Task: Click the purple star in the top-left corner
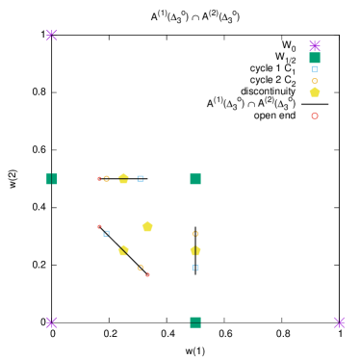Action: coord(52,36)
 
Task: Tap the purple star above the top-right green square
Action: coord(315,45)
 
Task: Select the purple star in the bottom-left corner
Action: coord(52,322)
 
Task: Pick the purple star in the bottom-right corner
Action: coord(339,322)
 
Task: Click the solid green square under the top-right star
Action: coord(315,58)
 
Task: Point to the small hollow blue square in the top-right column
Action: coord(315,69)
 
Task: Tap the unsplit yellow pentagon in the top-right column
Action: coord(315,92)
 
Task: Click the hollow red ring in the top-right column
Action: coord(315,116)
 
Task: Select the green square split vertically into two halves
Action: coord(52,179)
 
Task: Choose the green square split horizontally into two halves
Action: coord(195,322)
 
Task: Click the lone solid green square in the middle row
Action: coord(195,179)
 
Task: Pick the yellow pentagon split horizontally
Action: coord(123,178)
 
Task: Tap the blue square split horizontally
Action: coord(141,179)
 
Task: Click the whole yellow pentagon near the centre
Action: coord(147,226)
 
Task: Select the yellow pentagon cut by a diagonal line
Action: coord(123,250)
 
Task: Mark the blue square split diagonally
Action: coord(106,233)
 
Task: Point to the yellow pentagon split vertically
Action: coord(195,250)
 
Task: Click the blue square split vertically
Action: coord(195,268)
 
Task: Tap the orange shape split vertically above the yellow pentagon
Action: coord(195,233)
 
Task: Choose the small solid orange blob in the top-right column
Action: coord(315,81)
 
